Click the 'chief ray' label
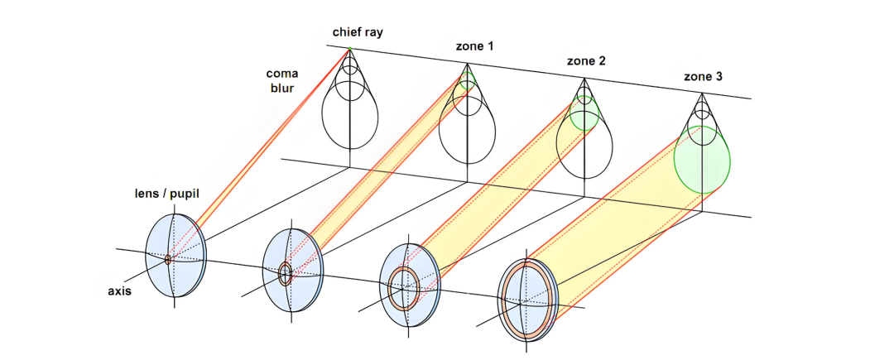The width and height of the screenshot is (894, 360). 357,33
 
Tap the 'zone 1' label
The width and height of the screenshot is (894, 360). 474,47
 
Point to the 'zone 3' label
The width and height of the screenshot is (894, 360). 703,77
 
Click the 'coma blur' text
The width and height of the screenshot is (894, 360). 281,80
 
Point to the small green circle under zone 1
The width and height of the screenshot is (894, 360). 468,80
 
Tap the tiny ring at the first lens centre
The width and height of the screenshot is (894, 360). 168,260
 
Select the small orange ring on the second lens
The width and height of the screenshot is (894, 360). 286,273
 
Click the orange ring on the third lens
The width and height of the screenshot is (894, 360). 403,286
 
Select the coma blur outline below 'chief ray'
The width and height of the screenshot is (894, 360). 350,116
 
